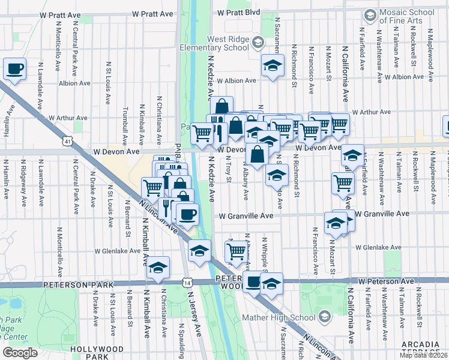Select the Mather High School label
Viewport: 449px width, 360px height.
[281, 317]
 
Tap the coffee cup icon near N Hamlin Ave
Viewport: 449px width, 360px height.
[15, 68]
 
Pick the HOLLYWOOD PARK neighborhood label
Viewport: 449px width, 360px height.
[97, 353]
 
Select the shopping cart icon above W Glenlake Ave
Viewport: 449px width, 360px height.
[238, 251]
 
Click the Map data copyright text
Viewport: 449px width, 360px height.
[424, 355]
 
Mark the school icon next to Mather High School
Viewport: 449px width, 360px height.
[325, 317]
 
